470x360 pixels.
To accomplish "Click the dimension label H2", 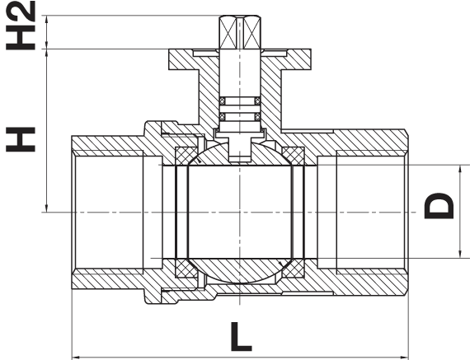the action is point(21,26).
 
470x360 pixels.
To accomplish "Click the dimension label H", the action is point(21,139).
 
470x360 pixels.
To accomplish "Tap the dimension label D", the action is point(439,206).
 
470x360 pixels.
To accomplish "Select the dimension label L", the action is point(241,337).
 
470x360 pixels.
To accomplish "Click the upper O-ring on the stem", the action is point(240,101).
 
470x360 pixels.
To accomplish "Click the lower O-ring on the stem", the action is point(240,116).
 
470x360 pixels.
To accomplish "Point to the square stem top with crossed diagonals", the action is point(240,32).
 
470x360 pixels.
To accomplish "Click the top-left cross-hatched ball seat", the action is point(185,156).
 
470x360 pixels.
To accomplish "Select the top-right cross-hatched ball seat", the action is point(294,156).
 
